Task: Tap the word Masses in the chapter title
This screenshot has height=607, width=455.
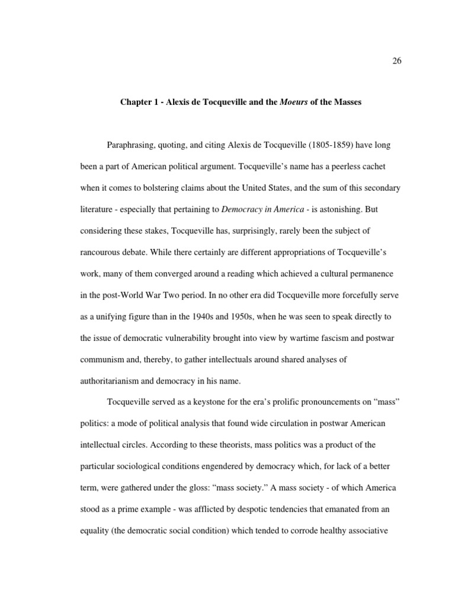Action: tap(345, 102)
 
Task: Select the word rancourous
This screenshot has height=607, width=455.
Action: tap(103, 252)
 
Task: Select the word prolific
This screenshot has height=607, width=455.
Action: tap(284, 401)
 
